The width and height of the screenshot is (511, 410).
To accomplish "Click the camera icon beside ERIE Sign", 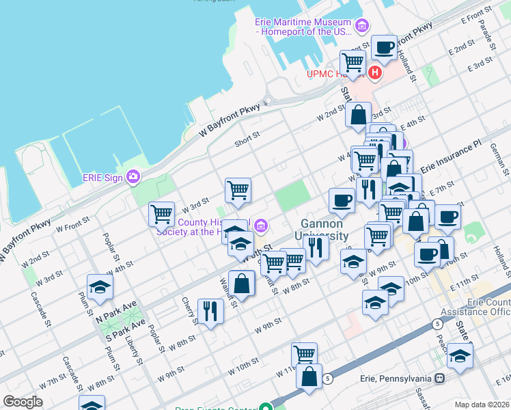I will click(x=133, y=177).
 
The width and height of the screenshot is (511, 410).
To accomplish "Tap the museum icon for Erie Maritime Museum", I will click(x=361, y=27).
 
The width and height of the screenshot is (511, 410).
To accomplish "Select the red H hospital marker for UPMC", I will click(x=374, y=72).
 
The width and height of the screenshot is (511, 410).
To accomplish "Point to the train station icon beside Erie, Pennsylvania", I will click(x=441, y=378).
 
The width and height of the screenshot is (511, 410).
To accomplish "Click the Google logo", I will click(x=23, y=402).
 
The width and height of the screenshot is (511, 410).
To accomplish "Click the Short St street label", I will click(x=247, y=136).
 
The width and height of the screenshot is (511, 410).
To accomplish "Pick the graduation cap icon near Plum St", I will click(x=100, y=287).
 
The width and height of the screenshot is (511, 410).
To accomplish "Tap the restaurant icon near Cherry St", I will click(x=210, y=311).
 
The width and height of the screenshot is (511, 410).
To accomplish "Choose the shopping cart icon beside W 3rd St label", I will click(x=161, y=213).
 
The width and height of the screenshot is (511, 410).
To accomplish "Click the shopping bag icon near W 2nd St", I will click(x=358, y=115).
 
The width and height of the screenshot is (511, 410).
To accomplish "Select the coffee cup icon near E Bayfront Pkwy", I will click(x=384, y=47).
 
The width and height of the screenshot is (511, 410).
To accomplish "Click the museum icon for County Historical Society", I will click(x=260, y=225).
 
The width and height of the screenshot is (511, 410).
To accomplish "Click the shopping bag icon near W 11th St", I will click(x=309, y=375).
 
